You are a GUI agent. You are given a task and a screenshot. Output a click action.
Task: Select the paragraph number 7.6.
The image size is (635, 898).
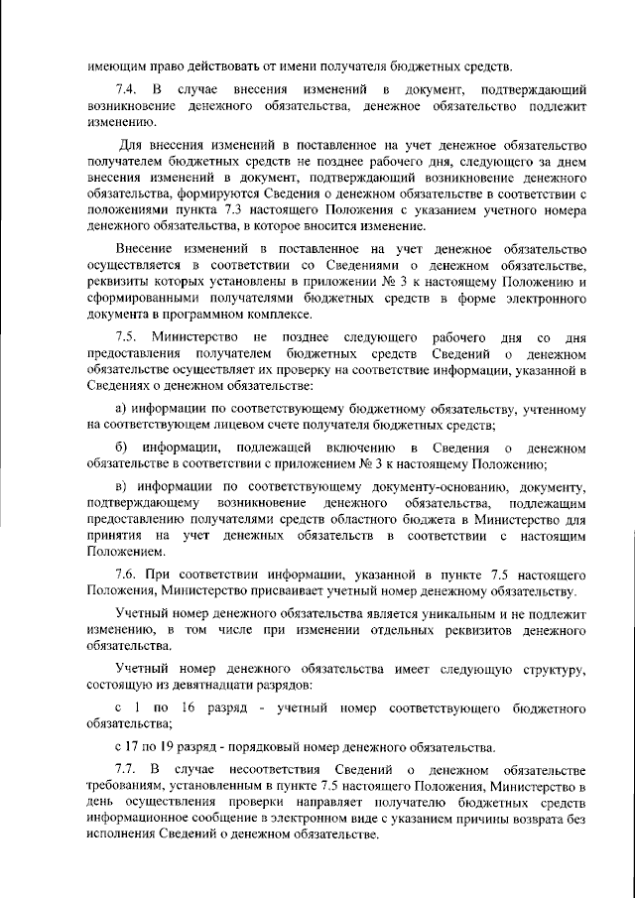(127, 575)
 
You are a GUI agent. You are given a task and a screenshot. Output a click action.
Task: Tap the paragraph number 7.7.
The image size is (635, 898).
(128, 769)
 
